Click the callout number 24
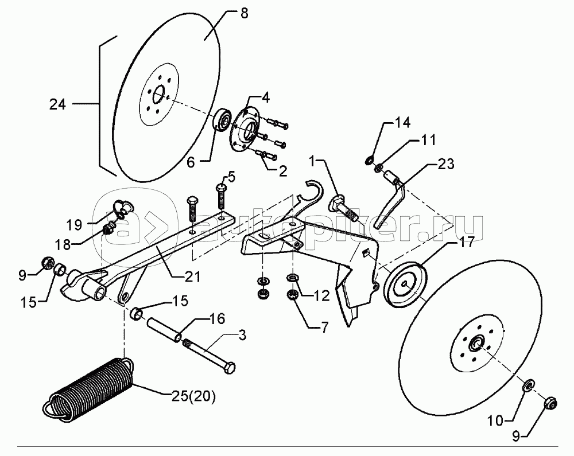(57, 104)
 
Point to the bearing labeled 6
(223, 122)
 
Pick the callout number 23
(446, 165)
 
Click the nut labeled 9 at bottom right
(549, 403)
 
